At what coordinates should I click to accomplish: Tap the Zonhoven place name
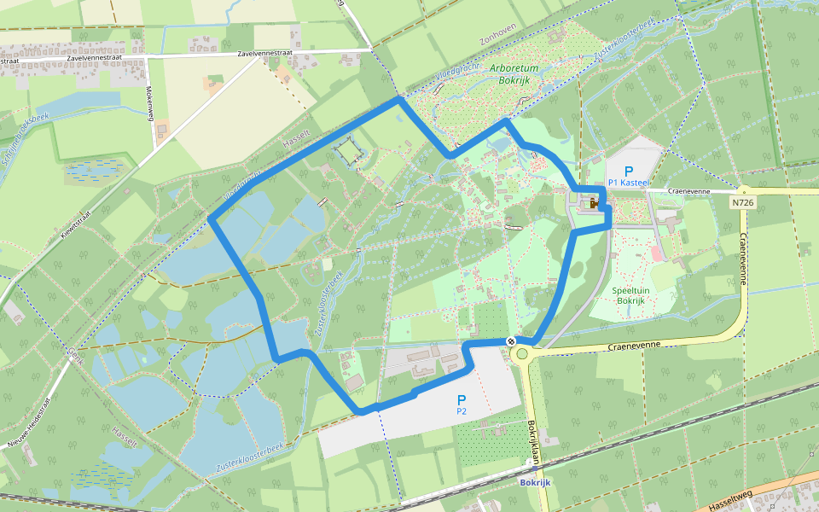pyautogui.click(x=498, y=40)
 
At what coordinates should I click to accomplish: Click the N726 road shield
pyautogui.click(x=741, y=202)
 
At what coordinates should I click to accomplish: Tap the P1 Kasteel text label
pyautogui.click(x=630, y=183)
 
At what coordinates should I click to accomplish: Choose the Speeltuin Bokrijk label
pyautogui.click(x=630, y=295)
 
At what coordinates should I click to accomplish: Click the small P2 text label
pyautogui.click(x=462, y=411)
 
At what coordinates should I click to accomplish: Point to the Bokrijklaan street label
pyautogui.click(x=531, y=442)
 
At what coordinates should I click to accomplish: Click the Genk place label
pyautogui.click(x=74, y=342)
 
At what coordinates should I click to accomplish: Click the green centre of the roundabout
pyautogui.click(x=522, y=353)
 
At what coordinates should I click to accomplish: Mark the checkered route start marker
pyautogui.click(x=511, y=342)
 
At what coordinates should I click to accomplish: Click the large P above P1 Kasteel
pyautogui.click(x=629, y=171)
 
